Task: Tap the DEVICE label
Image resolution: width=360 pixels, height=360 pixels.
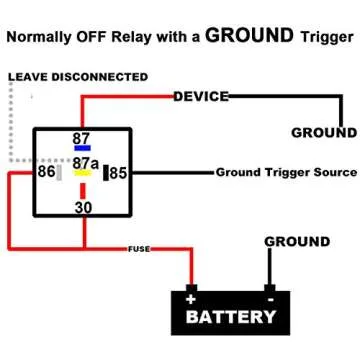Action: pos(200,97)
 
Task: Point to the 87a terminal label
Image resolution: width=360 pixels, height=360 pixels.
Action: pos(85,162)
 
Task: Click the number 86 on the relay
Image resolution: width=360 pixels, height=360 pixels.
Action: pos(46,172)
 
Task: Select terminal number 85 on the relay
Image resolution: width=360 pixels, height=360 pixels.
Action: pos(119,172)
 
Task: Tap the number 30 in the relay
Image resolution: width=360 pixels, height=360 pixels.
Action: pos(84,207)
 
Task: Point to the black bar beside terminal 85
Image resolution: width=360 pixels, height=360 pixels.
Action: pos(104,172)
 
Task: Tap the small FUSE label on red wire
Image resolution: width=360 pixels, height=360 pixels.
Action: pos(139,247)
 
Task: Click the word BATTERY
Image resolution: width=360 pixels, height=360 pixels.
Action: pos(231,317)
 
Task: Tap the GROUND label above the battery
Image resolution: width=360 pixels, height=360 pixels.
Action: pos(296,242)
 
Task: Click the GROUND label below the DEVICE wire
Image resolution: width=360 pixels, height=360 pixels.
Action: pos(322,132)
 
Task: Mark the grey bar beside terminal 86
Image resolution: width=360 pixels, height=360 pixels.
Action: pos(61,172)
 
